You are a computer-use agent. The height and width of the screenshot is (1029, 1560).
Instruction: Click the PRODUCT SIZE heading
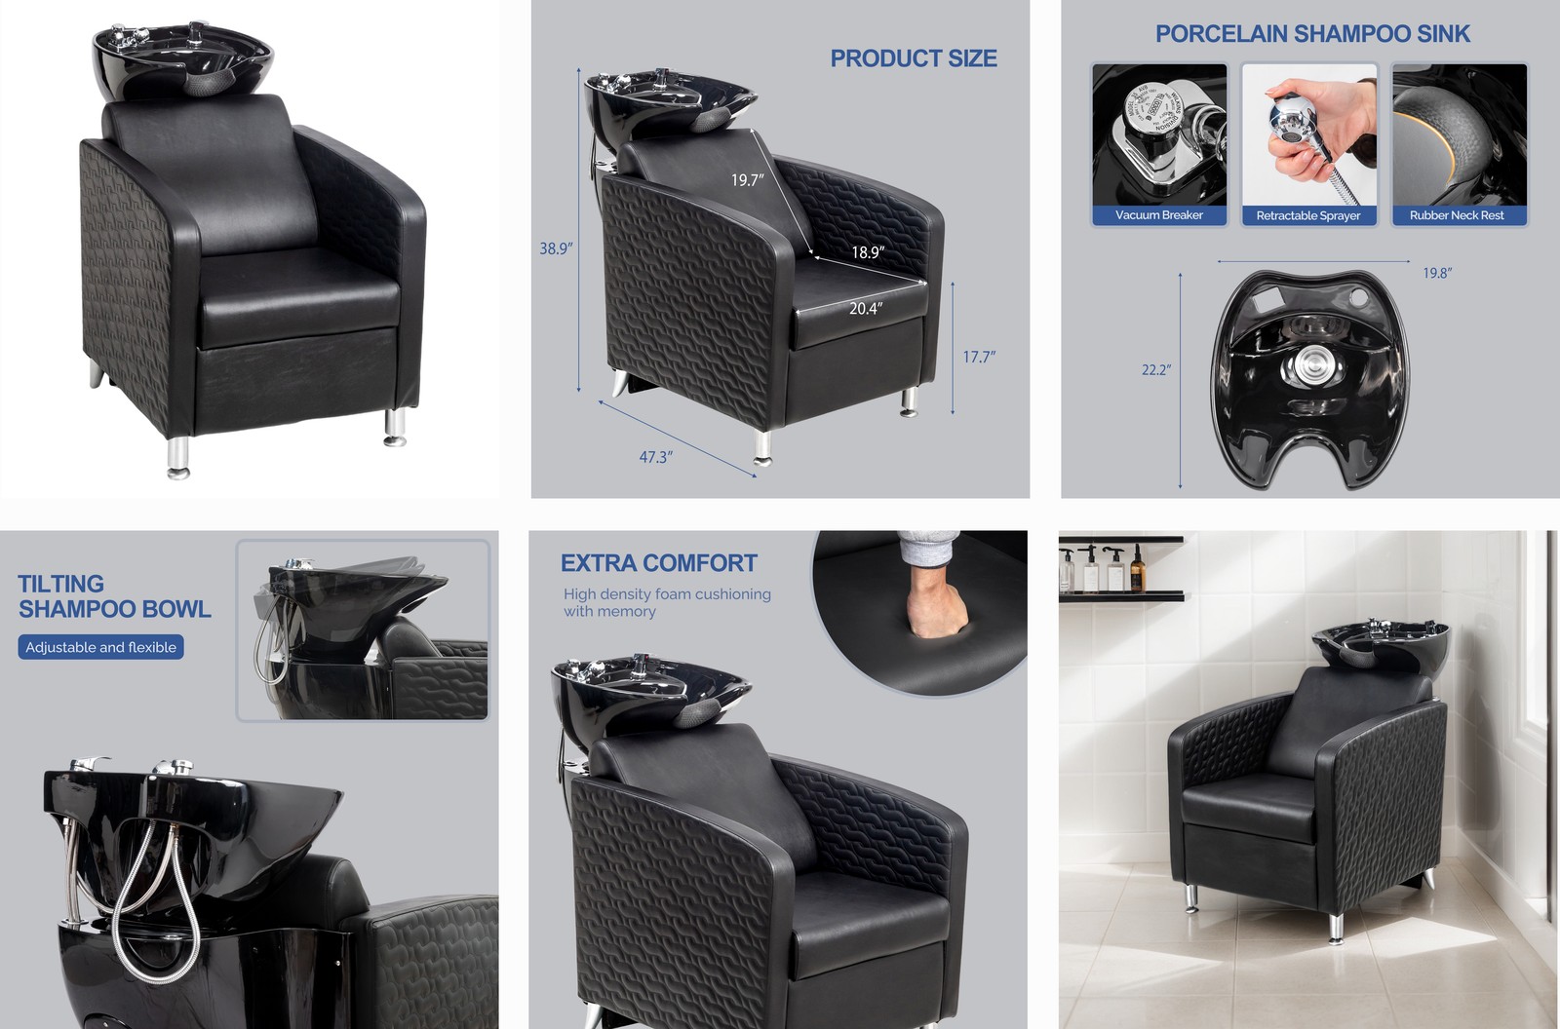[914, 58]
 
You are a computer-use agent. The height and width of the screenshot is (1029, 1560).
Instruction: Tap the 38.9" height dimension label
[556, 248]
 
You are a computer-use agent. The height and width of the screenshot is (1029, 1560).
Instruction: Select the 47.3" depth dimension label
[656, 457]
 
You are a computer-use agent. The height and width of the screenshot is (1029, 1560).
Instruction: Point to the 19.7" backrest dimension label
[748, 180]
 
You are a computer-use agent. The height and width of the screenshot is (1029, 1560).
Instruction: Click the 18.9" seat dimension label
[868, 252]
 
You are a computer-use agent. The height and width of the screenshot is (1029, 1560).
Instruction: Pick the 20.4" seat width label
[866, 309]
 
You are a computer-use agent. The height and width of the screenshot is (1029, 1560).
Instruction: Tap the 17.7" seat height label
[979, 357]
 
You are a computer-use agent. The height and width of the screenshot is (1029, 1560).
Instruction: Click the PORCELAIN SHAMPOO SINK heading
[1312, 34]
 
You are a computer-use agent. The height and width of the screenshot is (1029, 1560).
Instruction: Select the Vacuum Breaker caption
[1159, 215]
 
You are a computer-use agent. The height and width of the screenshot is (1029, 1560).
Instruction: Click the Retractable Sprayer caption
[1308, 215]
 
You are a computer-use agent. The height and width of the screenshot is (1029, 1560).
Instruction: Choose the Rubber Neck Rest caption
[1457, 215]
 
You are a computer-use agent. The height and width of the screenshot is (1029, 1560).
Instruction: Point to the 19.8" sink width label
[1437, 273]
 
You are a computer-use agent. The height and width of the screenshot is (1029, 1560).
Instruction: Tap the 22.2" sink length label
[1156, 370]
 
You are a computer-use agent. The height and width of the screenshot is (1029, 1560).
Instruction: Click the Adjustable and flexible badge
[101, 647]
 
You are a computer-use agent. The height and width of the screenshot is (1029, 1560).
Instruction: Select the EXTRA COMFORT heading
[659, 563]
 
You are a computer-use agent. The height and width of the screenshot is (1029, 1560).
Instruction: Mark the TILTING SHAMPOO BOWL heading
[114, 596]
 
